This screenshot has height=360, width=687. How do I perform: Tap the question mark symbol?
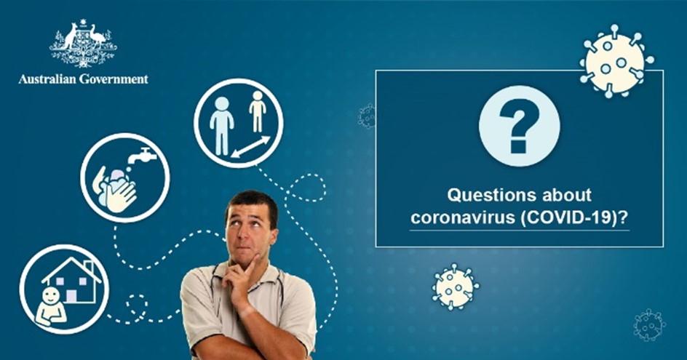(519, 125)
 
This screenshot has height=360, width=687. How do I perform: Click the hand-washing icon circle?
(124, 177)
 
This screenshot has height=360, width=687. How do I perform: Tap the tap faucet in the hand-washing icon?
(144, 156)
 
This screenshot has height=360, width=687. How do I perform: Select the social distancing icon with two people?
(238, 124)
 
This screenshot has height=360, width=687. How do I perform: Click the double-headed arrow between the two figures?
(250, 146)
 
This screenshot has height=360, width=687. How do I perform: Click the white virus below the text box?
(456, 287)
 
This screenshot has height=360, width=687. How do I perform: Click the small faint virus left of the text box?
(368, 116)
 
